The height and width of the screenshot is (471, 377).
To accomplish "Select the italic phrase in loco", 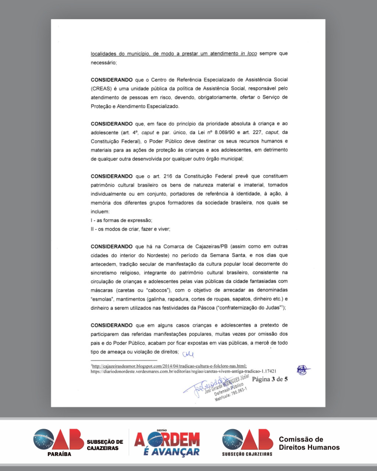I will [249, 54].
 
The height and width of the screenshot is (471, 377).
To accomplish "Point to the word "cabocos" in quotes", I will [157, 290].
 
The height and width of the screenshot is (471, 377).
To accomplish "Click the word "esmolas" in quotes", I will [102, 299].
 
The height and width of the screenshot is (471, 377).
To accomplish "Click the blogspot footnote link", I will [169, 366].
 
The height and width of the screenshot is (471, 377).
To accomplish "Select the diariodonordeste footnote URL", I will [183, 372].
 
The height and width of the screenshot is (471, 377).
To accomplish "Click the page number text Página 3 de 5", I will [270, 379].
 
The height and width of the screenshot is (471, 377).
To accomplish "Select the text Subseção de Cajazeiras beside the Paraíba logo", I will [105, 445].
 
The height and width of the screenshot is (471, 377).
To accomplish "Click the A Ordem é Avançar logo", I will [167, 443].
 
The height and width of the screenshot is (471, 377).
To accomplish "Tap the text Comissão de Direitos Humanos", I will [309, 443].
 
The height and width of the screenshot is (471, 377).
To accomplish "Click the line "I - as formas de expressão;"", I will [121, 220].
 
